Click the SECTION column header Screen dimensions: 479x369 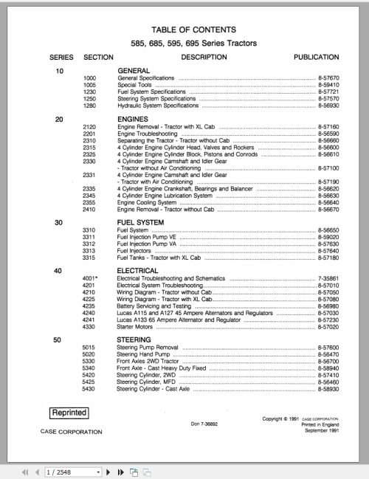pos(98,57)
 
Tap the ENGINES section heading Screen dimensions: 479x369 pos(134,119)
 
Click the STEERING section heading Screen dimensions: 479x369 pos(135,339)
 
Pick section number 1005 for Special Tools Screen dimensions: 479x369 pos(90,85)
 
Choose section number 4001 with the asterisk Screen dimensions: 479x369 pos(92,279)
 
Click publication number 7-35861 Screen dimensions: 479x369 pos(328,279)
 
